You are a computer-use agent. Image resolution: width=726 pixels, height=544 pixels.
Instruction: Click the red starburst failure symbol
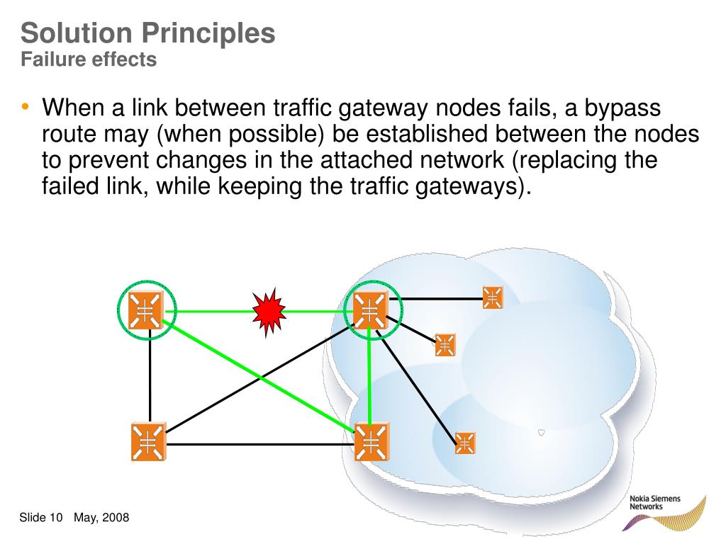(x=269, y=311)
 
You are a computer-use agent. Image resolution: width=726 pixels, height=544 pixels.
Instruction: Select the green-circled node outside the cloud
(x=147, y=310)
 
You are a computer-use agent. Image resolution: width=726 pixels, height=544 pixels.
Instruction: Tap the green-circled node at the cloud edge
(x=370, y=310)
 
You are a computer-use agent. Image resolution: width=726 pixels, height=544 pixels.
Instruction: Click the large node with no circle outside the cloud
(x=148, y=442)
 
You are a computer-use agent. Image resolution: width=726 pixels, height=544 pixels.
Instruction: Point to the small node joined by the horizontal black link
(x=493, y=297)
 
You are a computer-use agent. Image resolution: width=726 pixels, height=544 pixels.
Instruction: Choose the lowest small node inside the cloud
(x=465, y=443)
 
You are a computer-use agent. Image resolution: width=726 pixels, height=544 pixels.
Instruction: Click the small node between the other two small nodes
(x=445, y=345)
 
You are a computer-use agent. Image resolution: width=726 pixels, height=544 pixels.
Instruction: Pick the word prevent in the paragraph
(x=115, y=160)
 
